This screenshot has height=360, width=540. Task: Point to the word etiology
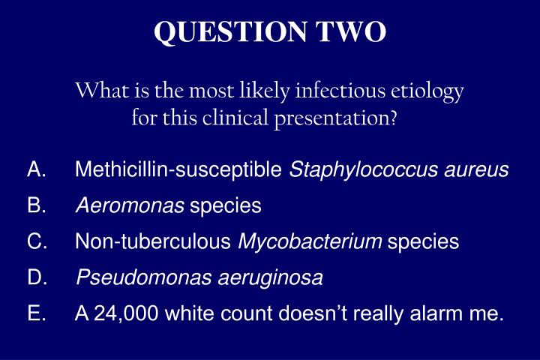[427, 91]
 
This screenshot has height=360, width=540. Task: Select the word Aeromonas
[130, 205]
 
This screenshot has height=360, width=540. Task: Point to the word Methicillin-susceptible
[179, 171]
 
